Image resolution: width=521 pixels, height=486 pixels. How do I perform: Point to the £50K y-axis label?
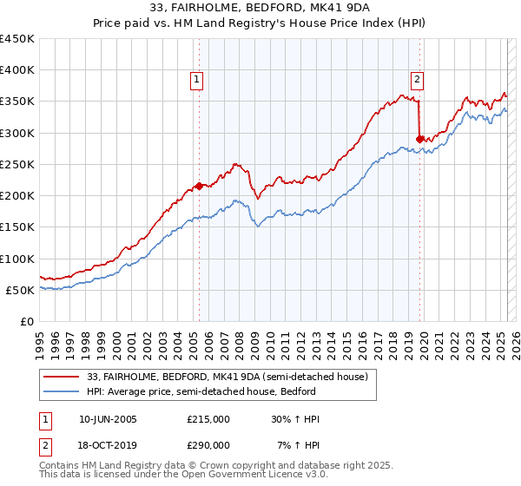pyautogui.click(x=21, y=290)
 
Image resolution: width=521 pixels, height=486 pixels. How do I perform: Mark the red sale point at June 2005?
pyautogui.click(x=199, y=186)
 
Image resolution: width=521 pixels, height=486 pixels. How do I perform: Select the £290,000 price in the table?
pyautogui.click(x=208, y=445)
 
